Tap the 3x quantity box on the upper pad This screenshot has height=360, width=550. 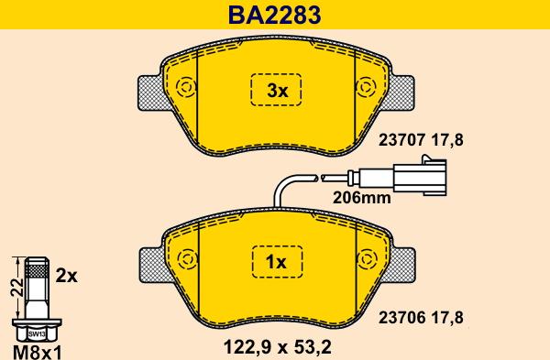276,91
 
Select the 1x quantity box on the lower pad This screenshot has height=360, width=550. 276,263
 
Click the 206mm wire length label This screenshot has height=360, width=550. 362,195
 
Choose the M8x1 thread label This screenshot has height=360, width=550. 38,350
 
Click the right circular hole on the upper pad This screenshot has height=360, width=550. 366,89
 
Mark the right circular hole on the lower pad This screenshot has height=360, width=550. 367,260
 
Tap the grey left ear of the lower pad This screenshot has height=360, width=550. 151,263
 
